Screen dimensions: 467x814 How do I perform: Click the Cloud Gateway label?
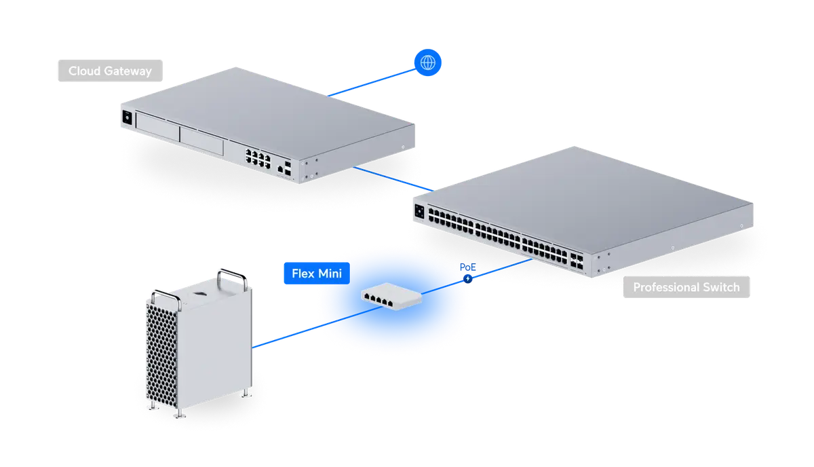[x=109, y=71]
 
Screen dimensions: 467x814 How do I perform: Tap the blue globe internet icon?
[x=427, y=63]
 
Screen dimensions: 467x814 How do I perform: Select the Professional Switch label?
[x=686, y=287]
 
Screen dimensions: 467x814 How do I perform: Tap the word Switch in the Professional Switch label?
[x=718, y=287]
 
